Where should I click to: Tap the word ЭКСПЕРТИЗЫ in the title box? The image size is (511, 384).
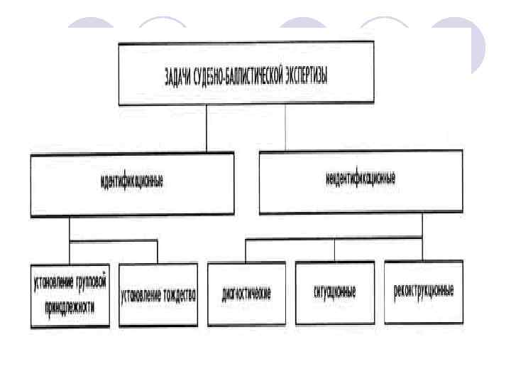[305, 76]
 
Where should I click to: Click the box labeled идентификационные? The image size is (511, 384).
[132, 183]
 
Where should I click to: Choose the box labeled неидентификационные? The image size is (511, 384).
[361, 181]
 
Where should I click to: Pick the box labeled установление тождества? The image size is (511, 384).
[158, 294]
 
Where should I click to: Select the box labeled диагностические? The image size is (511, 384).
[246, 292]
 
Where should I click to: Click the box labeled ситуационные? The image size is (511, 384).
[334, 292]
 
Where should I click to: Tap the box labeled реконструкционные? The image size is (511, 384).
[423, 292]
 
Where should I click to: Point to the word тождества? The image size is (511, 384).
[177, 294]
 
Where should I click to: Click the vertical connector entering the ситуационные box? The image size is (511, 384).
[334, 250]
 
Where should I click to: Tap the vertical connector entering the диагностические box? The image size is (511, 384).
[246, 250]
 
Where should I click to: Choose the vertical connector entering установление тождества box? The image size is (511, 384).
[158, 252]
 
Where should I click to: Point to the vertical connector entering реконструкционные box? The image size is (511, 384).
[422, 249]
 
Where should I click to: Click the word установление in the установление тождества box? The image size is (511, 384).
[141, 294]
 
